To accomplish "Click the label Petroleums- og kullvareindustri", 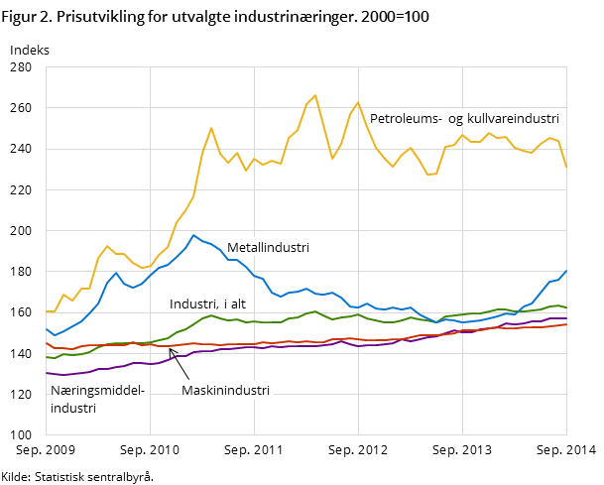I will (457, 118).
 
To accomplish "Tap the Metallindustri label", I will (268, 248).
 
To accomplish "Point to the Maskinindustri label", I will (225, 391).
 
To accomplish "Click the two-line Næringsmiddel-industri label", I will (97, 399).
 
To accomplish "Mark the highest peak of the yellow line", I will (315, 95).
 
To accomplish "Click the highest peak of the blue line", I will (193, 235).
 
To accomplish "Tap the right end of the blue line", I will (566, 270).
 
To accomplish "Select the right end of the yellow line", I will (566, 167).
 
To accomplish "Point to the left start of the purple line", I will (47, 373).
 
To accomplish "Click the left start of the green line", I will (47, 356).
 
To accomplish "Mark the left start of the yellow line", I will (47, 311).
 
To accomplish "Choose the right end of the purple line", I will (566, 318).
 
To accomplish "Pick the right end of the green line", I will (566, 307).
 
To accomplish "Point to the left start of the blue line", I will (47, 328).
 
